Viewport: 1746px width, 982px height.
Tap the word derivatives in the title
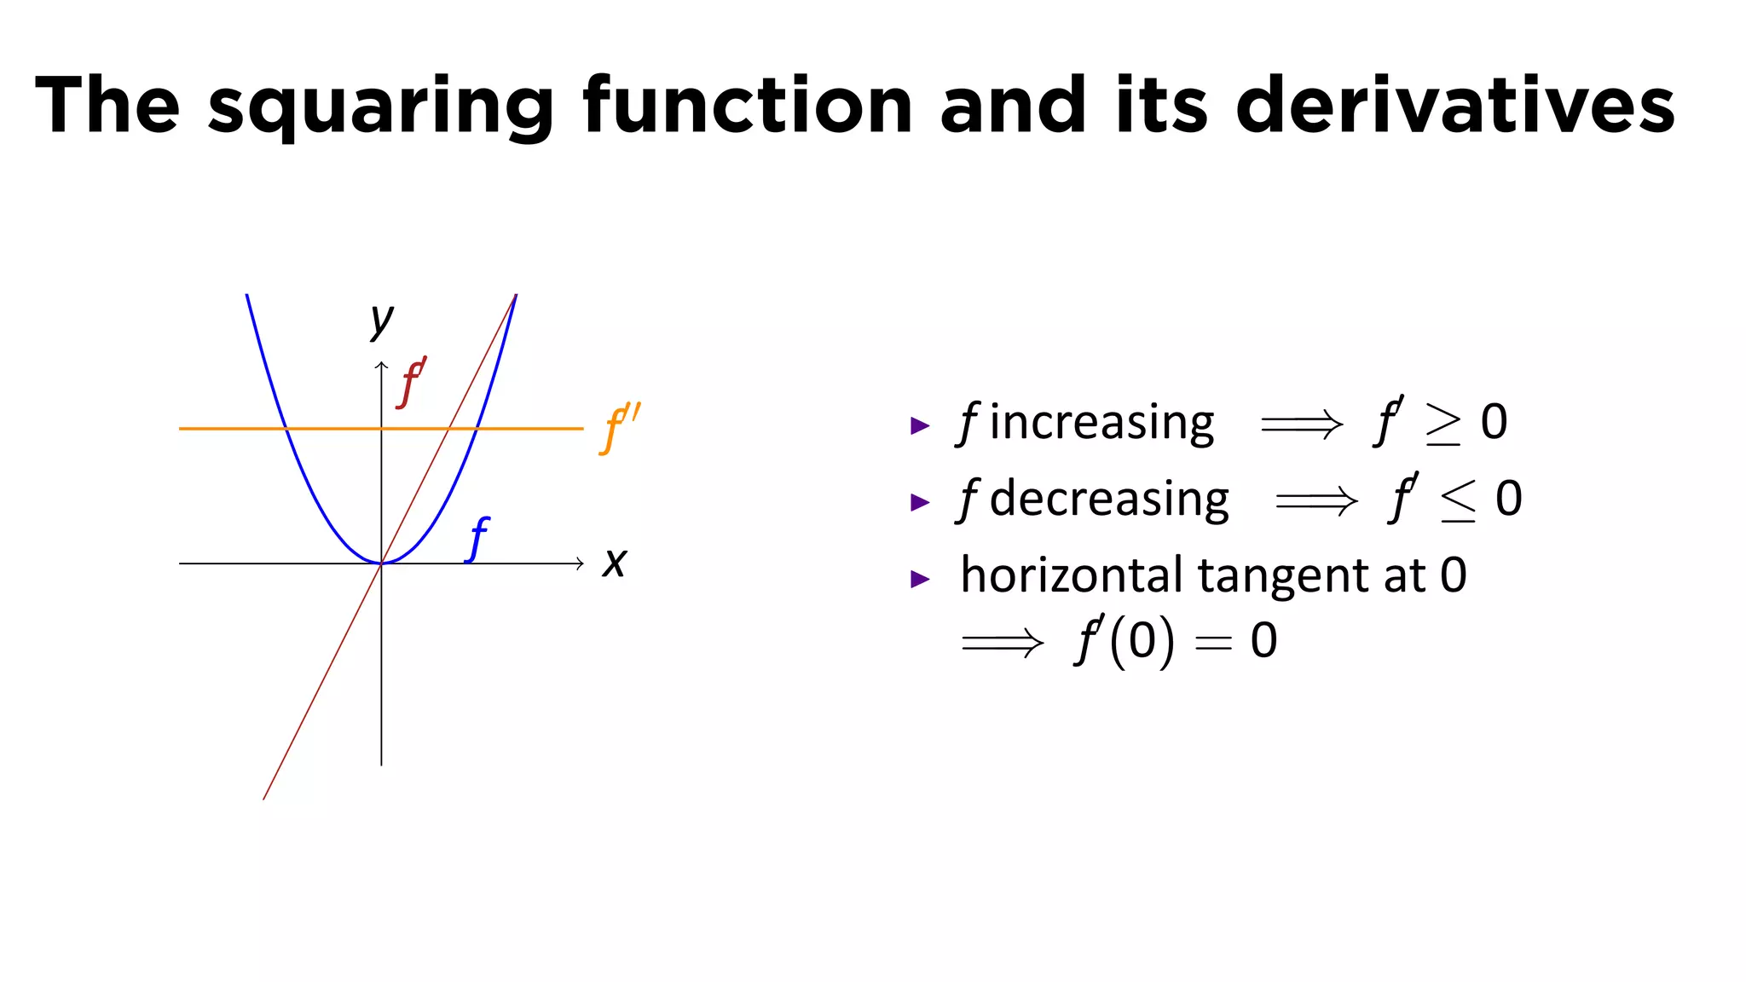point(1455,106)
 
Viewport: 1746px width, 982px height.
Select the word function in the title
point(748,106)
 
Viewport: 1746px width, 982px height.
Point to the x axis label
point(614,563)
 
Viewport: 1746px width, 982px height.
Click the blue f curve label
point(478,539)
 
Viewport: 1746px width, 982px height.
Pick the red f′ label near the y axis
point(412,383)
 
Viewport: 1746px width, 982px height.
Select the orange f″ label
point(620,429)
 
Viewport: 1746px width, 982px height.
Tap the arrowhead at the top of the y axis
point(381,366)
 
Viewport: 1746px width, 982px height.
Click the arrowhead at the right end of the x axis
point(580,563)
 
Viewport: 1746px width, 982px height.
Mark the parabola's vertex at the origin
point(381,563)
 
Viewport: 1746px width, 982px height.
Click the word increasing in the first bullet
point(1101,423)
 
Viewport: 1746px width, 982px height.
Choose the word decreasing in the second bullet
point(1109,500)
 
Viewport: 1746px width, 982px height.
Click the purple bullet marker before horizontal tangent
point(920,579)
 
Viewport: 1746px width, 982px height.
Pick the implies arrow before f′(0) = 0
point(1002,641)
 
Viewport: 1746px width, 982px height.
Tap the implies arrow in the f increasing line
point(1302,424)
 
